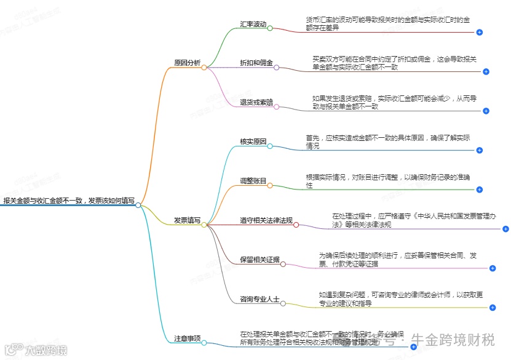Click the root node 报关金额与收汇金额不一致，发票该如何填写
coord(68,200)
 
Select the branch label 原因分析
coord(187,62)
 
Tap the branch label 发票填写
coord(187,220)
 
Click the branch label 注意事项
coord(187,338)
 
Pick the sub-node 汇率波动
coord(253,24)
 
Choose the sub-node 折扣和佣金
coord(256,63)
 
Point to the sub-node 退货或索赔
coord(256,102)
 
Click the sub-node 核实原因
coord(253,142)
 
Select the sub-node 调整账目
coord(253,181)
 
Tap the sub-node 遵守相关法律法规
coord(266,220)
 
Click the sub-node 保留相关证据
coord(259,260)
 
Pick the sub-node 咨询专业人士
coord(259,299)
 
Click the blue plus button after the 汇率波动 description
coord(480,32)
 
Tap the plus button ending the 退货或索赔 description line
coord(486,111)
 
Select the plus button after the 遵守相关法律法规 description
coord(505,229)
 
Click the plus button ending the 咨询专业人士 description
coord(493,308)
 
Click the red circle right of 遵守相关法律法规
coord(296,225)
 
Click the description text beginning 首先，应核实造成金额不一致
coord(388,142)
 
